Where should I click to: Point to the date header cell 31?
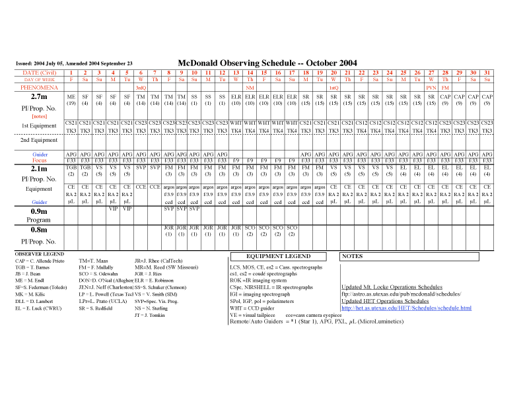pos(487,72)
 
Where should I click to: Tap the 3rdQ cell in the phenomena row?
pos(141,87)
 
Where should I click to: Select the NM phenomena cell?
pos(250,87)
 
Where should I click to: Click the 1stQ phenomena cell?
pos(333,87)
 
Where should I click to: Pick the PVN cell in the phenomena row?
pos(431,87)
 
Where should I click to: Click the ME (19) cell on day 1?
pos(71,100)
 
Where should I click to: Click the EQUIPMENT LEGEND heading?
pos(278,256)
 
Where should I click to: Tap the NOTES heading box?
pos(353,256)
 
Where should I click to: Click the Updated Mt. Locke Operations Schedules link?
pos(392,287)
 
